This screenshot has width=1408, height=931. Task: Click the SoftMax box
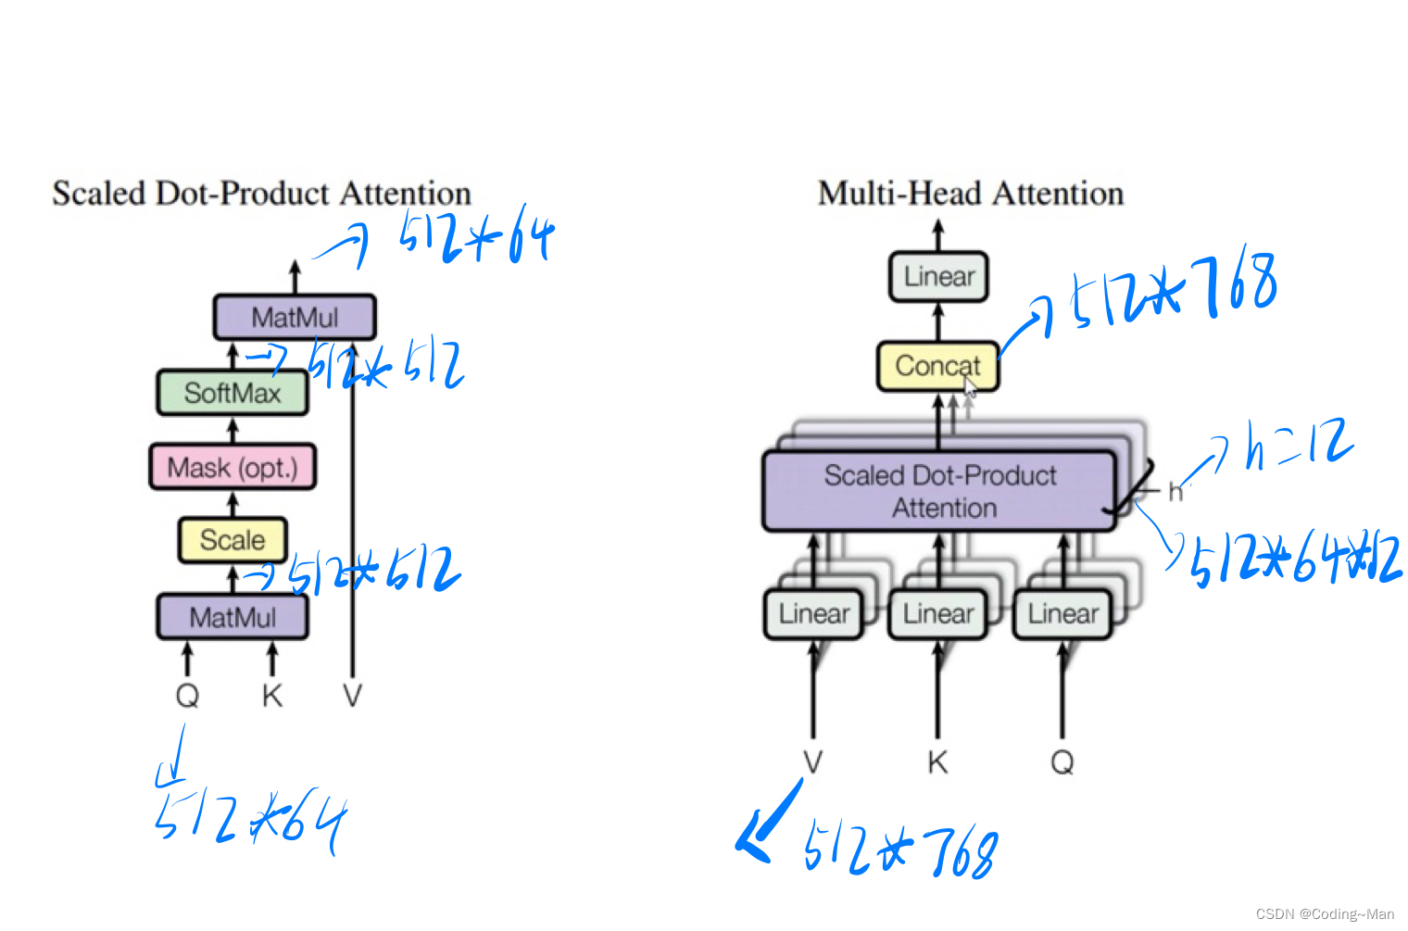click(x=232, y=393)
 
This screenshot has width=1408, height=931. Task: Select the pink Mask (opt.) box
click(x=233, y=467)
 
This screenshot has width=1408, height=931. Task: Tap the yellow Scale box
click(x=233, y=540)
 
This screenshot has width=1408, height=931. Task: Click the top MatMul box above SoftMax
click(x=295, y=318)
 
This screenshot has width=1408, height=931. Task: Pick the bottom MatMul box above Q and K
click(x=233, y=617)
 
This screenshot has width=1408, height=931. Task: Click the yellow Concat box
click(x=937, y=366)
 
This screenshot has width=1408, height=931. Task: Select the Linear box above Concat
click(x=938, y=277)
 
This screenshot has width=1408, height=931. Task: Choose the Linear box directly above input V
click(x=813, y=614)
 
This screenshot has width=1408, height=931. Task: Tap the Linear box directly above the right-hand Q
click(x=1062, y=614)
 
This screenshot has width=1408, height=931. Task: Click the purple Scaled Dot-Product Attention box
click(x=939, y=491)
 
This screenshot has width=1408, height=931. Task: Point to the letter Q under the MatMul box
click(x=187, y=695)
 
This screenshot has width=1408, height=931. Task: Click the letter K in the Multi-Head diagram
click(x=937, y=762)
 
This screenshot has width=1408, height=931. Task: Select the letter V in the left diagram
click(x=352, y=695)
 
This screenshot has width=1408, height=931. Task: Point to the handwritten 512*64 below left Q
click(x=250, y=820)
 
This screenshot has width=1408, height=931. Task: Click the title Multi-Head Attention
click(x=970, y=194)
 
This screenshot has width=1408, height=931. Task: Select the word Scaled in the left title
click(x=99, y=194)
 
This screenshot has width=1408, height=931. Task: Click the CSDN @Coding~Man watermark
click(x=1324, y=914)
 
